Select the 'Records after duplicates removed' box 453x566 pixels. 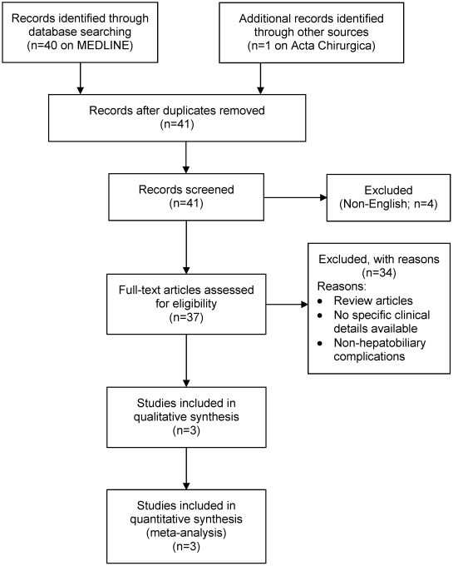pyautogui.click(x=177, y=117)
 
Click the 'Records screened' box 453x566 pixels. pyautogui.click(x=186, y=197)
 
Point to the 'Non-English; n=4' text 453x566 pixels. pyautogui.click(x=388, y=204)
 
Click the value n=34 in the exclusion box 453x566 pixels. pyautogui.click(x=378, y=273)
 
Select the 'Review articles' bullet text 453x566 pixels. pyautogui.click(x=373, y=300)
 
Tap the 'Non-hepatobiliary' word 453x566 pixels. pyautogui.click(x=380, y=343)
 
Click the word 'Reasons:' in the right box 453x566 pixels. pyautogui.click(x=342, y=286)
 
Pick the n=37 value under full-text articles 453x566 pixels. pyautogui.click(x=186, y=318)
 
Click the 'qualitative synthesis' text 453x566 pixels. pyautogui.click(x=186, y=417)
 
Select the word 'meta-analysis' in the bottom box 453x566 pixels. pyautogui.click(x=186, y=533)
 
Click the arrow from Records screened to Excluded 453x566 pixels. pyautogui.click(x=296, y=197)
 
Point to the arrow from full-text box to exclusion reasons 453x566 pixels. pyautogui.click(x=287, y=305)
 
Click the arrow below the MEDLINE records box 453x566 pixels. pyautogui.click(x=81, y=79)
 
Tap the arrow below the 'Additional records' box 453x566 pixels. pyautogui.click(x=260, y=79)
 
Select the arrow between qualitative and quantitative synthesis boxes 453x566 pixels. pyautogui.click(x=186, y=469)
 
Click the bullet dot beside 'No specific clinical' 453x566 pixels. pyautogui.click(x=320, y=315)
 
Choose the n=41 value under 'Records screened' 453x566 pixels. pyautogui.click(x=186, y=204)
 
